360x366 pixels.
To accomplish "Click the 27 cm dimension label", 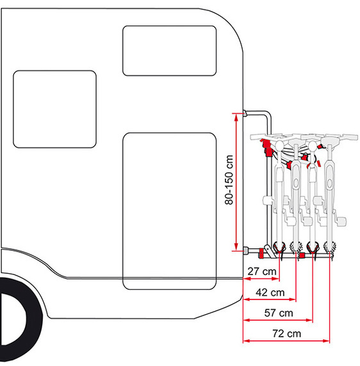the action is [x=262, y=271].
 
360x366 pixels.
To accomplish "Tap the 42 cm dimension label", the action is [x=270, y=292].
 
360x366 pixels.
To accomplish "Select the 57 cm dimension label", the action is [x=279, y=313].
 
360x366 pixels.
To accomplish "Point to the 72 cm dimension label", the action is [x=286, y=333].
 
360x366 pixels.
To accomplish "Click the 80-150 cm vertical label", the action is [x=229, y=180].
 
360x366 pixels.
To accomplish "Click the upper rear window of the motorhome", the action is [x=169, y=51].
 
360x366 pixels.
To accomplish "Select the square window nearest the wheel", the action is [x=54, y=109].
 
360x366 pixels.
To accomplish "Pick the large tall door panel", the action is [x=169, y=211].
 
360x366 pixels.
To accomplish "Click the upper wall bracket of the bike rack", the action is [x=245, y=113].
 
